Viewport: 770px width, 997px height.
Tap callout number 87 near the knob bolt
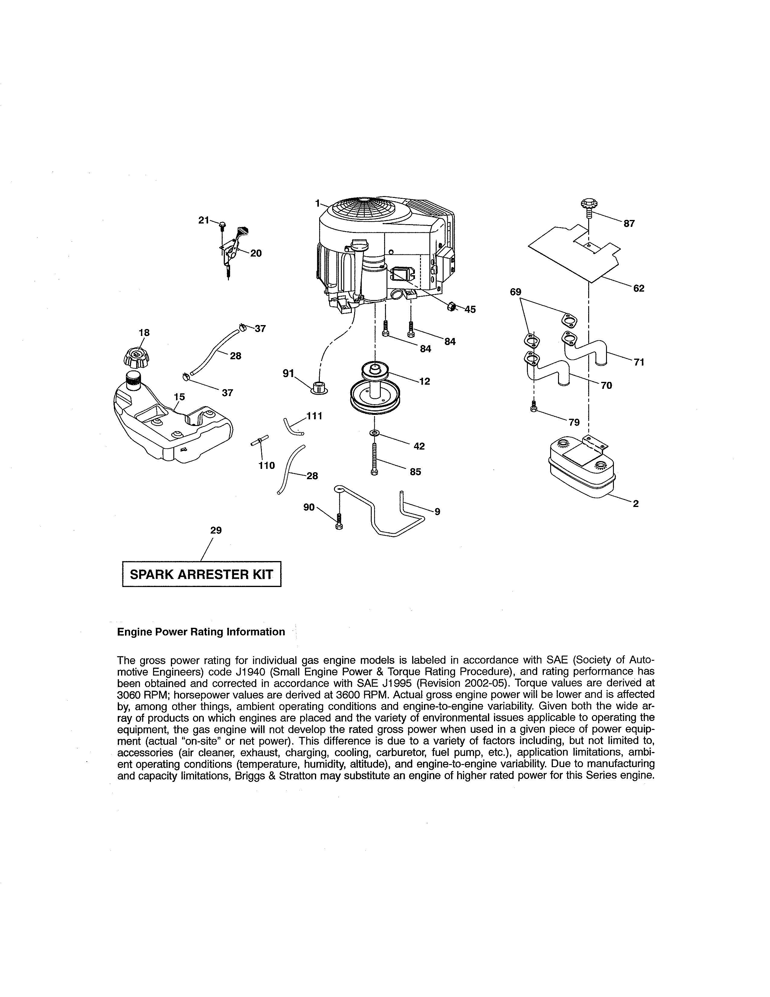[x=629, y=224]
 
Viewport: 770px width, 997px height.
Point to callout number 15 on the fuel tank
[x=180, y=397]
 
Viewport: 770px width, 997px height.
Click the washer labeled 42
[x=374, y=432]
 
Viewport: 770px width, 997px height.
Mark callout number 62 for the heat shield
[x=639, y=289]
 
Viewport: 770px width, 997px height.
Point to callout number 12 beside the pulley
[x=425, y=382]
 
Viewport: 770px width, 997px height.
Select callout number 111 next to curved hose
[x=314, y=416]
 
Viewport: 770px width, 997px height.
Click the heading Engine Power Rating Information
[x=201, y=632]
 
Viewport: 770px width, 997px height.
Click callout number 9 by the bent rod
[x=437, y=512]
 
